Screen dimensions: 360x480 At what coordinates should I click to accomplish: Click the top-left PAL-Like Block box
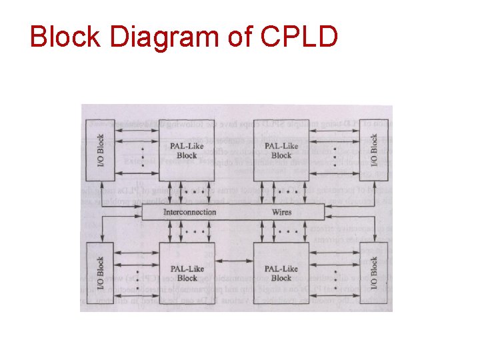187,151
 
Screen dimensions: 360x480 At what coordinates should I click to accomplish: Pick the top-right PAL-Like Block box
281,151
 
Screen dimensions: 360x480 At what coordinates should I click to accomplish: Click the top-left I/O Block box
101,151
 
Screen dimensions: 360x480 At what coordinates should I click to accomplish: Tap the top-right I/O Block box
373,151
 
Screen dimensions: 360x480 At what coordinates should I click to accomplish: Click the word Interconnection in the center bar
190,212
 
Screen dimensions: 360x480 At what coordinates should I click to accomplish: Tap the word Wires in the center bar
281,212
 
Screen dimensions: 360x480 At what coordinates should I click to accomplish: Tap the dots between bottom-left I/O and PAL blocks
139,277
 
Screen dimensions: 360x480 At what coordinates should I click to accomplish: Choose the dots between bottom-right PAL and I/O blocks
331,277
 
